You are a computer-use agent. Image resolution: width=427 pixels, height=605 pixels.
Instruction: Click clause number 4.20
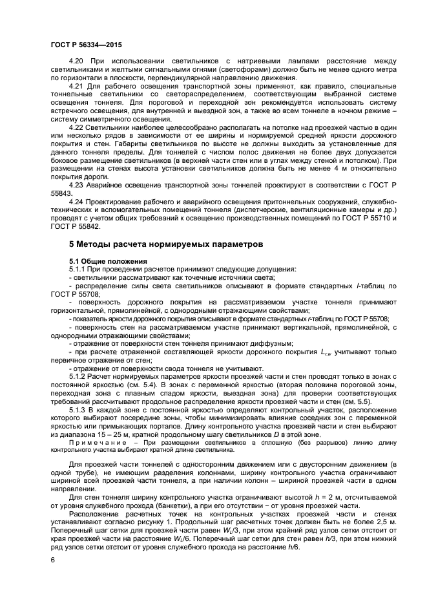(x=76, y=61)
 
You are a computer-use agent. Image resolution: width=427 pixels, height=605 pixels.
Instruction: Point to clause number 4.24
(x=76, y=202)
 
